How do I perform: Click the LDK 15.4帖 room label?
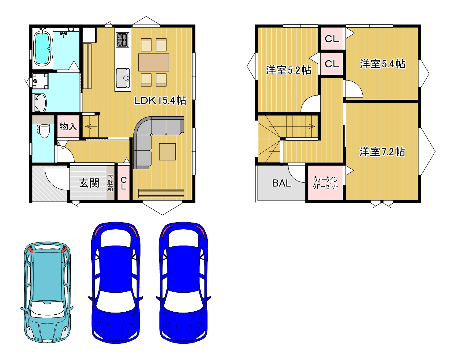[160, 100]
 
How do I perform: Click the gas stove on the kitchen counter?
[122, 39]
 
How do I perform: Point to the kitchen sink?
[123, 78]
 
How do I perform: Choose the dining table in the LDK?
[154, 62]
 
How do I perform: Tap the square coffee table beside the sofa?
[167, 152]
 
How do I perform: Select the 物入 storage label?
[68, 126]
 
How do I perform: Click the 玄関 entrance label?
[89, 183]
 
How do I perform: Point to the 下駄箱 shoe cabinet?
[110, 183]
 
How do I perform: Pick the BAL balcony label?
[282, 183]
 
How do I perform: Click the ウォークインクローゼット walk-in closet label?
[325, 183]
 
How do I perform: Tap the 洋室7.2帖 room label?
[382, 152]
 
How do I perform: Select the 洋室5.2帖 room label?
[288, 70]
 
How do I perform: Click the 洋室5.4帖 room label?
[383, 64]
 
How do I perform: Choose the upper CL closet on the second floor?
[332, 39]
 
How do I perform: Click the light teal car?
[47, 292]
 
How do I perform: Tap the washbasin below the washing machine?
[40, 103]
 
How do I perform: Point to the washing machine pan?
[40, 81]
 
